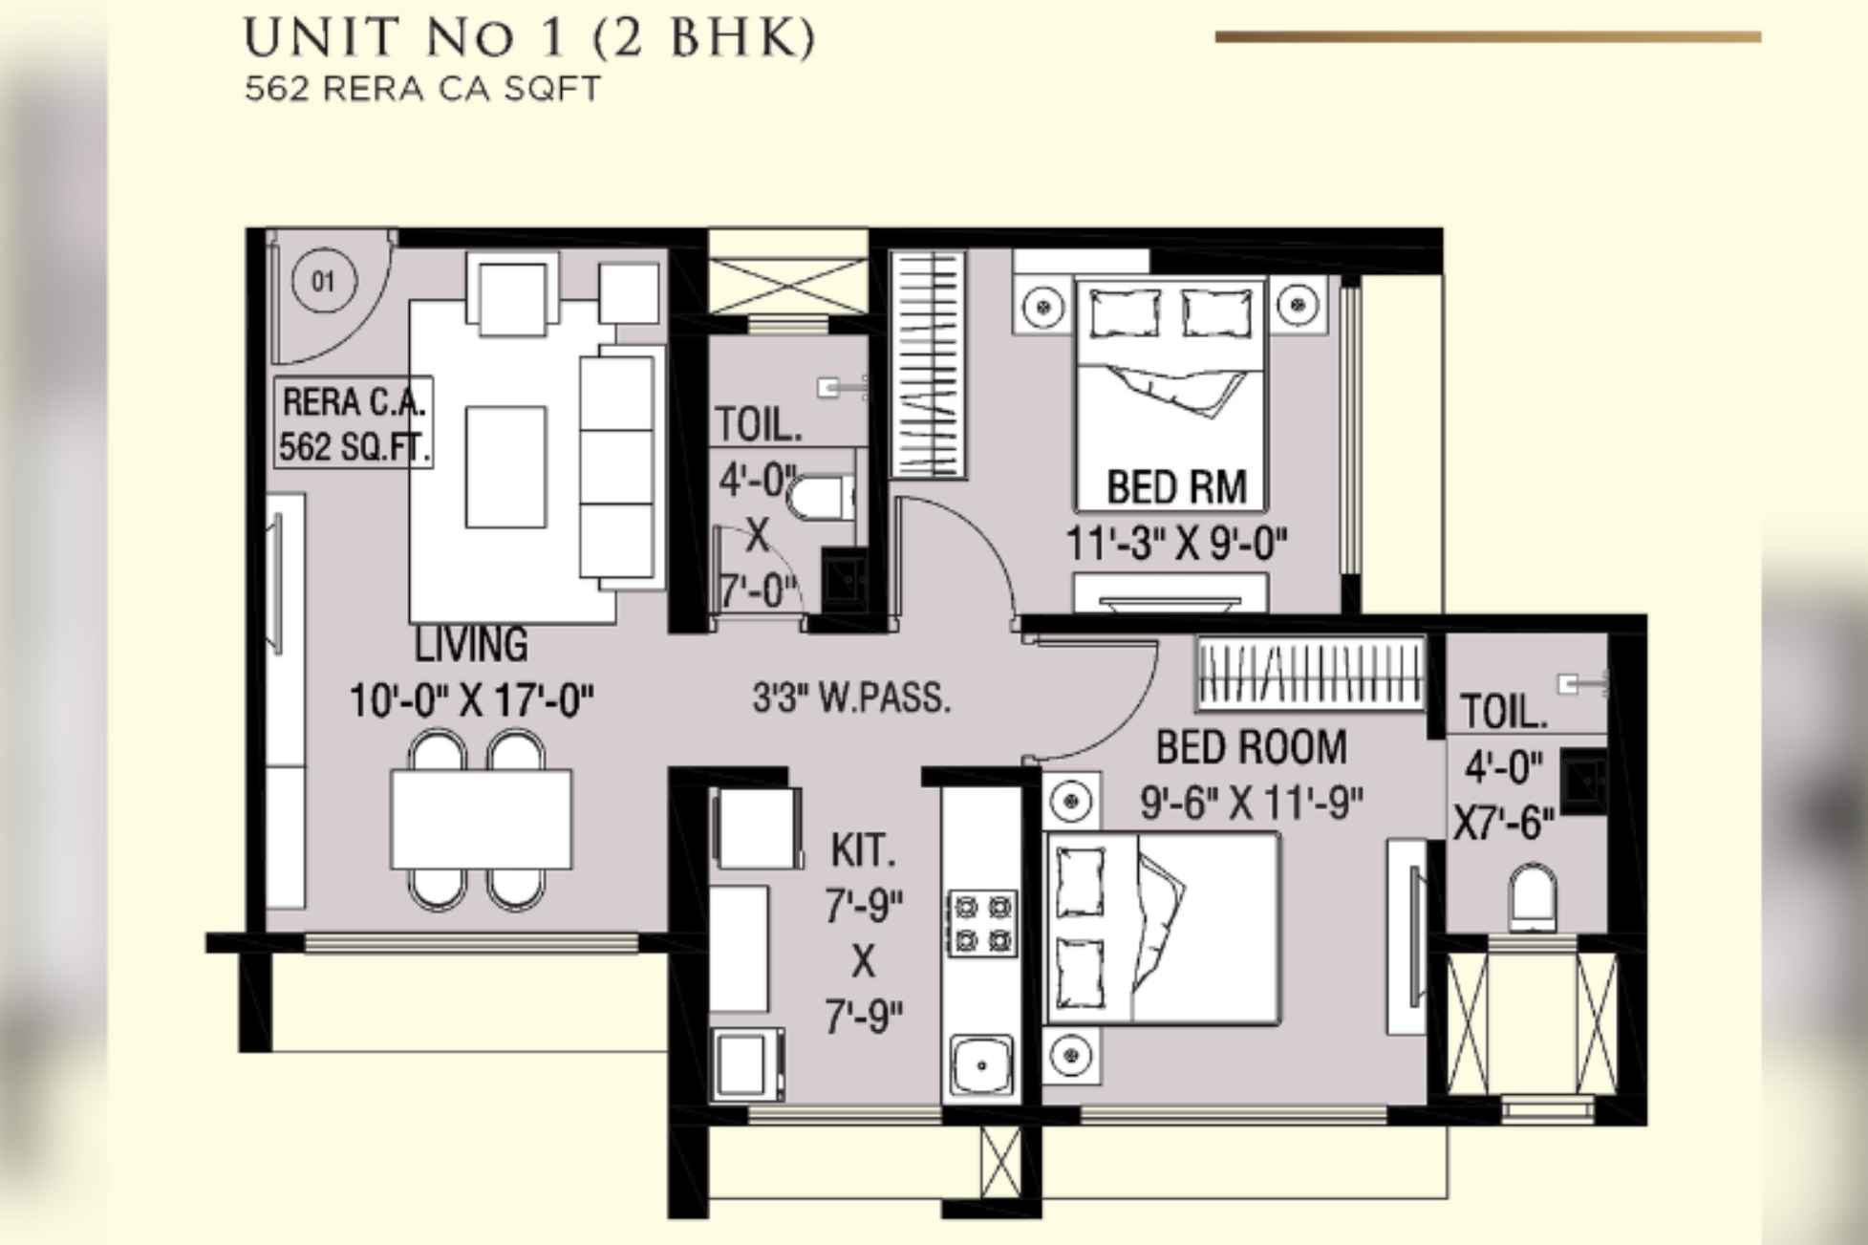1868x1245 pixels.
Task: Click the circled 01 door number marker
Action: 324,281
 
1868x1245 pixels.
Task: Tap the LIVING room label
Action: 470,645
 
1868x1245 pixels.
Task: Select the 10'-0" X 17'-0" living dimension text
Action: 471,700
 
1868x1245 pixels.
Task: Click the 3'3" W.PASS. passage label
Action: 851,698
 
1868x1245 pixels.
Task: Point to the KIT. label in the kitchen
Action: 863,849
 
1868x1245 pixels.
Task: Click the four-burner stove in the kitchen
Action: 981,922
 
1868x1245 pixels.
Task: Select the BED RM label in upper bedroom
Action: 1176,487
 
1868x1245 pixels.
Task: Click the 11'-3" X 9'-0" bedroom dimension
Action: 1176,545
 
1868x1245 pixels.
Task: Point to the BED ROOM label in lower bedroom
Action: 1251,746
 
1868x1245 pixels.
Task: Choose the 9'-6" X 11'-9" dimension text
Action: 1251,803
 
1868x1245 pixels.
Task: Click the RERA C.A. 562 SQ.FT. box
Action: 354,423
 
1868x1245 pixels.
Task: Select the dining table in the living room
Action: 481,820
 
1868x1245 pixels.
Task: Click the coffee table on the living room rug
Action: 505,466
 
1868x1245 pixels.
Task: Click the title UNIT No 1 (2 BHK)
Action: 530,39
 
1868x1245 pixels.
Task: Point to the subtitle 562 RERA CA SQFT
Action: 422,89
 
